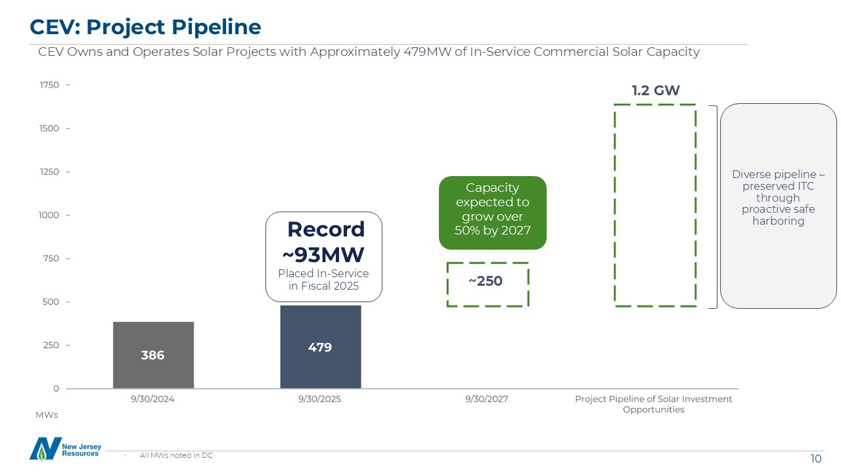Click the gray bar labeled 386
tap(153, 355)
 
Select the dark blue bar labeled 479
tap(320, 347)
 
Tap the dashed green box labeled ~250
tap(487, 284)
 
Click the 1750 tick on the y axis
tap(50, 85)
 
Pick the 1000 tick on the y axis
tap(50, 215)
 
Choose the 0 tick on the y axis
tap(56, 389)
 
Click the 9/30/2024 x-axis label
tap(153, 399)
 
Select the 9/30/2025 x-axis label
tap(320, 399)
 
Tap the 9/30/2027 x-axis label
tap(487, 399)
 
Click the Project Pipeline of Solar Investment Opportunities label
tap(653, 404)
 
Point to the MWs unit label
tap(47, 415)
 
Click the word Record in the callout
tap(326, 229)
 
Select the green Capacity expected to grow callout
tap(492, 212)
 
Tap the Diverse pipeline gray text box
tap(778, 206)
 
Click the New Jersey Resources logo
tap(64, 449)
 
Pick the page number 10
tap(815, 459)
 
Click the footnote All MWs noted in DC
tap(176, 455)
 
